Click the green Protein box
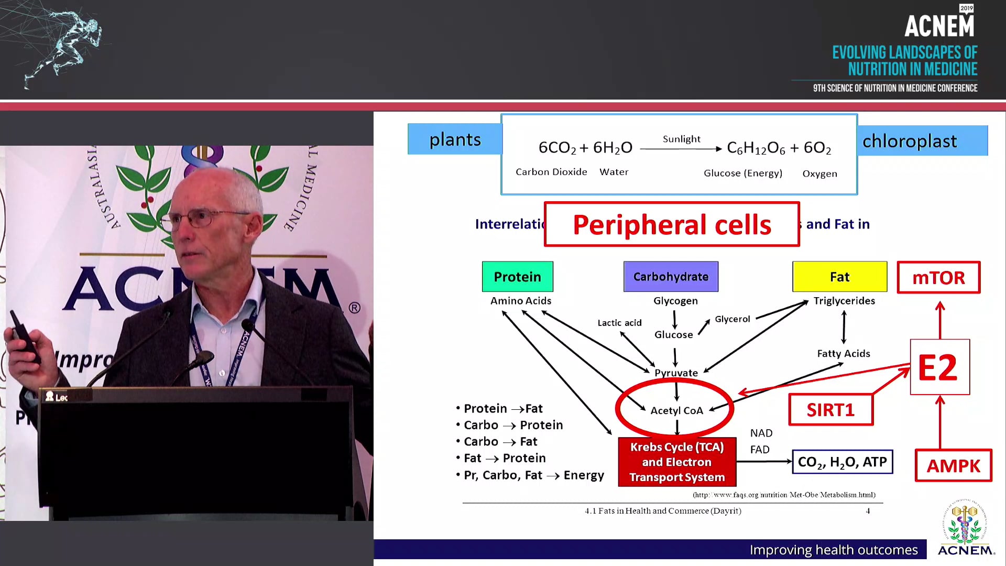[x=517, y=277]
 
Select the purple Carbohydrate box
[x=671, y=277]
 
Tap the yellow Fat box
[x=839, y=277]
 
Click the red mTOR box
[x=938, y=277]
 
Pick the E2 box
[x=939, y=367]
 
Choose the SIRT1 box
[x=830, y=410]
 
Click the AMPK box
[x=953, y=465]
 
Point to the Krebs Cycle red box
[x=677, y=462]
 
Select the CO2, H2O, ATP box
[x=842, y=462]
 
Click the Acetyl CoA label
[x=676, y=410]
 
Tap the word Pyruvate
[x=676, y=373]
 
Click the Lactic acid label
[x=619, y=323]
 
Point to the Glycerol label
[x=732, y=319]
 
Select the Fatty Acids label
[x=844, y=354]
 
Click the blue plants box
[x=455, y=139]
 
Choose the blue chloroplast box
[x=922, y=140]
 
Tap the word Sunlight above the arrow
[x=681, y=139]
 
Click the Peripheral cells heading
[x=672, y=224]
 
